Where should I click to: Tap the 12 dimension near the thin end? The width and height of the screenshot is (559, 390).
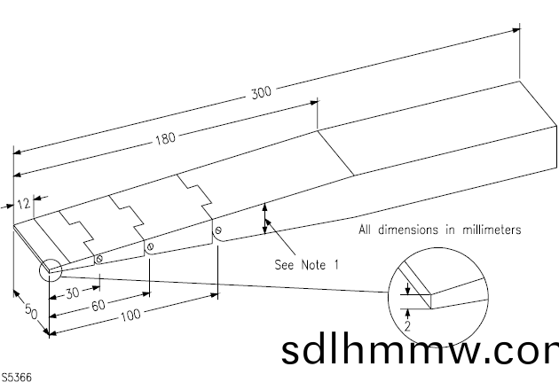(x=24, y=203)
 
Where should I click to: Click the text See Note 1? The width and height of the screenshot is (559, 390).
(x=307, y=264)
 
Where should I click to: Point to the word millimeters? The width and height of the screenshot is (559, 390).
(x=487, y=230)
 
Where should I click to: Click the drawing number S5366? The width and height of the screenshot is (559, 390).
(x=18, y=378)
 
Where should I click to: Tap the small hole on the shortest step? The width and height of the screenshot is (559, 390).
(x=98, y=259)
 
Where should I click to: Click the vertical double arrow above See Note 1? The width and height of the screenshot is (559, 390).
(x=264, y=217)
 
